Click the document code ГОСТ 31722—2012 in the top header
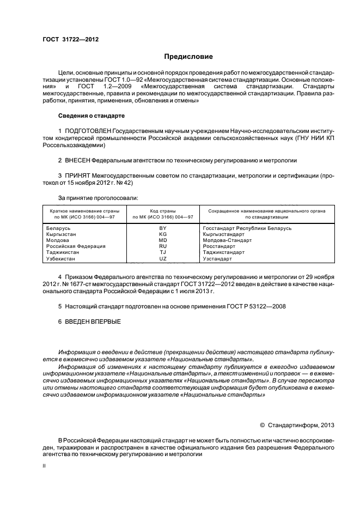click(70, 39)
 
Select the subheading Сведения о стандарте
click(91, 116)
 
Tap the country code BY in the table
click(162, 228)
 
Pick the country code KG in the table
click(162, 234)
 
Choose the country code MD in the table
click(162, 240)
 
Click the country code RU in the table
click(162, 246)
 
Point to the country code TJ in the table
click(162, 252)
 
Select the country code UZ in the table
click(162, 259)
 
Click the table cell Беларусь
click(59, 228)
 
